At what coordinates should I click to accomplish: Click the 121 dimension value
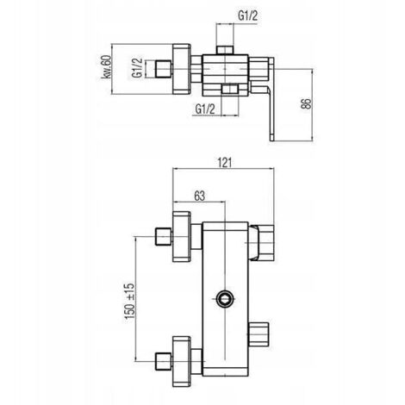click(224, 163)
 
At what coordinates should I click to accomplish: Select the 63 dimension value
click(200, 196)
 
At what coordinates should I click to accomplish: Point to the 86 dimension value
click(306, 103)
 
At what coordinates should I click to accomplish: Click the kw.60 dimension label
click(105, 67)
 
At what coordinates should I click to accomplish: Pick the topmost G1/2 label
click(247, 16)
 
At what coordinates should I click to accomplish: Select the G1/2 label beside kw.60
click(137, 68)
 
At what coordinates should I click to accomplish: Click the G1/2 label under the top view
click(205, 109)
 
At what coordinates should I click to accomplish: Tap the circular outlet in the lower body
click(225, 299)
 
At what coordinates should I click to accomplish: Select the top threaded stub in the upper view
click(225, 50)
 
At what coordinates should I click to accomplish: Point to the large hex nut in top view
click(181, 69)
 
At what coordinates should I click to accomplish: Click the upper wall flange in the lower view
click(181, 237)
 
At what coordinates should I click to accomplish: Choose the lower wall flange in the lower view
click(181, 361)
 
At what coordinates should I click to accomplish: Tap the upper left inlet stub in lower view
click(164, 237)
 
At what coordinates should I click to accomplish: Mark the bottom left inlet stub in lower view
click(164, 361)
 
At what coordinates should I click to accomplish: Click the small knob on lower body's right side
click(259, 333)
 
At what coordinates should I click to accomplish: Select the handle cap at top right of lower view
click(261, 243)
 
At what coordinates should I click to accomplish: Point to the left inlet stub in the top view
click(164, 69)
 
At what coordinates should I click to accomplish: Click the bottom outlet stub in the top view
click(230, 89)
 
